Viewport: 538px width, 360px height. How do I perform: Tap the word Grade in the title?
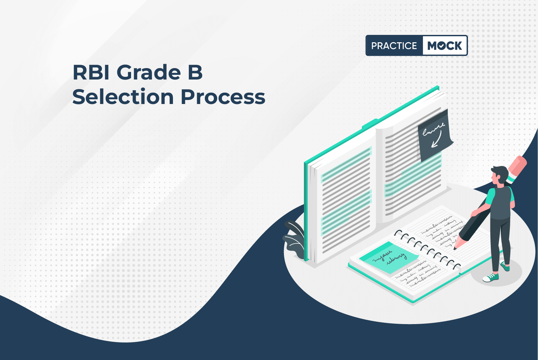click(x=148, y=72)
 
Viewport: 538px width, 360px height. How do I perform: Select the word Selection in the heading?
click(x=123, y=97)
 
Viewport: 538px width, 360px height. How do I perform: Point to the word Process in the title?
click(x=223, y=97)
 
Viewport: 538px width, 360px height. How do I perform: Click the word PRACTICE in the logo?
click(x=394, y=46)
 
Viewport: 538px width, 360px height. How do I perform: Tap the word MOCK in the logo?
click(x=444, y=46)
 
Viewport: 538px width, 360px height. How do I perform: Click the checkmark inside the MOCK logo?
click(x=442, y=46)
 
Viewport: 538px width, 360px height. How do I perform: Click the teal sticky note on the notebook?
click(x=388, y=257)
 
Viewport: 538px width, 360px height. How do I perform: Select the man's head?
click(x=499, y=176)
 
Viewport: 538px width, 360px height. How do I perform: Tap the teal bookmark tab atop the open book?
click(x=370, y=123)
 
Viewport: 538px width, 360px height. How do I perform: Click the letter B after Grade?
click(x=195, y=72)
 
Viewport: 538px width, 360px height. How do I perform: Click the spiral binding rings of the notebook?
click(x=427, y=250)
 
